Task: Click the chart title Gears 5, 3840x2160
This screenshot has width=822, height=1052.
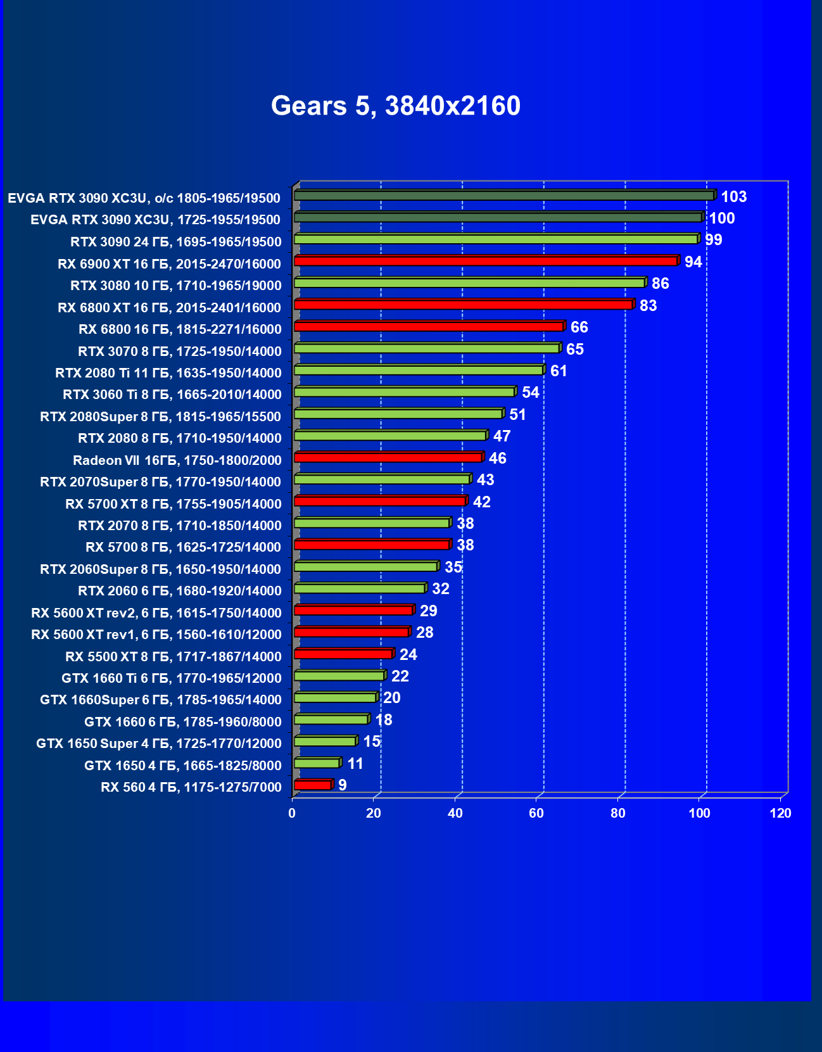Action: pos(396,106)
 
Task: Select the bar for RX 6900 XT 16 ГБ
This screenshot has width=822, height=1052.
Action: pos(486,261)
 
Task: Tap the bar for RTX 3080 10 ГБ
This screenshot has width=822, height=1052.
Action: pos(469,283)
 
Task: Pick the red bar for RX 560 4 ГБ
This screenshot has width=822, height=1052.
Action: pos(313,785)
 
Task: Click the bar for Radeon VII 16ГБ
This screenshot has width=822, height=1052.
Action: pos(388,457)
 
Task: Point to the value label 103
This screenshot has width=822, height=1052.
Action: pos(733,197)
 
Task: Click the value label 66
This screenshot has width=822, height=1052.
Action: pos(579,327)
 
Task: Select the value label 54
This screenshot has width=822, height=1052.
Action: pos(530,393)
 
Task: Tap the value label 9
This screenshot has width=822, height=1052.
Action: pos(342,785)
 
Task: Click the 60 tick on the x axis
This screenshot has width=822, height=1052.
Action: pos(536,813)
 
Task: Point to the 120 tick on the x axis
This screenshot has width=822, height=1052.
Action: pos(780,813)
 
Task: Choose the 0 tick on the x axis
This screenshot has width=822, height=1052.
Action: pos(292,813)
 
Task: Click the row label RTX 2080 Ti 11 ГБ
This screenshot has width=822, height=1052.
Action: pos(168,373)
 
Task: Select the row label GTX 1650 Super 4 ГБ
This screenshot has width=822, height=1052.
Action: pos(159,744)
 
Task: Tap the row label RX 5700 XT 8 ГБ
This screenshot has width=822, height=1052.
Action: pos(174,504)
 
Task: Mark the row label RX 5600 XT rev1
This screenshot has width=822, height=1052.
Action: pos(156,635)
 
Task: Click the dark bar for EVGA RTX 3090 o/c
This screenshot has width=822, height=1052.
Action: pos(504,196)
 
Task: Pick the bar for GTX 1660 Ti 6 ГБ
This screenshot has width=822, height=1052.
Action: pos(339,676)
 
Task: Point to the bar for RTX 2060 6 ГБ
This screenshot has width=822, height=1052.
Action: pos(359,588)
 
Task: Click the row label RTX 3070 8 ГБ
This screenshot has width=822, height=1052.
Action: pos(180,352)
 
